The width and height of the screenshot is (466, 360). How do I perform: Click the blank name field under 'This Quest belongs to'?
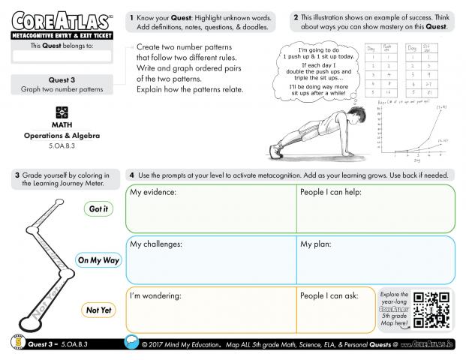62,55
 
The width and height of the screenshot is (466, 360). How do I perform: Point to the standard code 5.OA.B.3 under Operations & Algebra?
62,146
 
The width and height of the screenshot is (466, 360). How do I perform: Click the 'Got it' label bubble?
98,209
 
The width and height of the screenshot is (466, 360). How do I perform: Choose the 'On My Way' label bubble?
98,260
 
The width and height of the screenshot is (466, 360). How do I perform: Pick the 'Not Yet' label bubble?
98,310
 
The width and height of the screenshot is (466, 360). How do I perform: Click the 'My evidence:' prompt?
153,193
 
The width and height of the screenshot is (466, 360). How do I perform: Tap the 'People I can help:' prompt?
331,193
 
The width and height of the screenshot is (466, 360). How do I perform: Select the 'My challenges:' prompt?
158,244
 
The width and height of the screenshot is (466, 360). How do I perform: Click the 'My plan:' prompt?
316,244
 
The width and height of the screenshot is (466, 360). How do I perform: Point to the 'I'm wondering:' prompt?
155,295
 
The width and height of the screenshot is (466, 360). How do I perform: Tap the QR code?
431,308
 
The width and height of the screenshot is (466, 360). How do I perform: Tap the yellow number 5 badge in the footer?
17,342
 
